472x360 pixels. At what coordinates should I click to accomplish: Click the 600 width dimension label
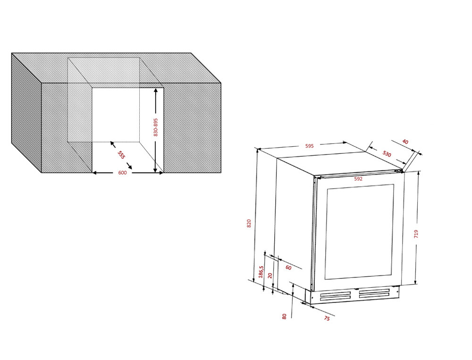click(122, 173)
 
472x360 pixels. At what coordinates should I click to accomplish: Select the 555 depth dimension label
click(121, 155)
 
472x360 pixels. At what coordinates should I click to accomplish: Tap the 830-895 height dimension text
click(156, 127)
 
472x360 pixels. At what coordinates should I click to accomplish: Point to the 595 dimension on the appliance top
click(310, 146)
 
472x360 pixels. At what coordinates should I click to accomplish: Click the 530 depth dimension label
click(387, 154)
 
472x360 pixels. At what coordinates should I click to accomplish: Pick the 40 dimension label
click(405, 142)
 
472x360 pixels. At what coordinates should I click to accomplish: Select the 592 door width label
click(358, 179)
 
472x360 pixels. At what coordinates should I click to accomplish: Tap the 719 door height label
click(416, 234)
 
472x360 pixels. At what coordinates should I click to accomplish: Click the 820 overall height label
click(249, 223)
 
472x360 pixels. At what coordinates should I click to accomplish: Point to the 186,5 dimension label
click(261, 271)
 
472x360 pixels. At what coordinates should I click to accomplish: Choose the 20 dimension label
click(270, 276)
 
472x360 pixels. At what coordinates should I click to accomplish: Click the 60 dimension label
click(288, 268)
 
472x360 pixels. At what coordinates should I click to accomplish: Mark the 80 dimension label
click(284, 316)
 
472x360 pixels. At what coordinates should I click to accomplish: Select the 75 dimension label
click(327, 318)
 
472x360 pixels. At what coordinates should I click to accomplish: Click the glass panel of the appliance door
click(359, 232)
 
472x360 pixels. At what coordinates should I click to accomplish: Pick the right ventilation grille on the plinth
click(374, 293)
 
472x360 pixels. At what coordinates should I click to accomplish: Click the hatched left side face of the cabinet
click(26, 113)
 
